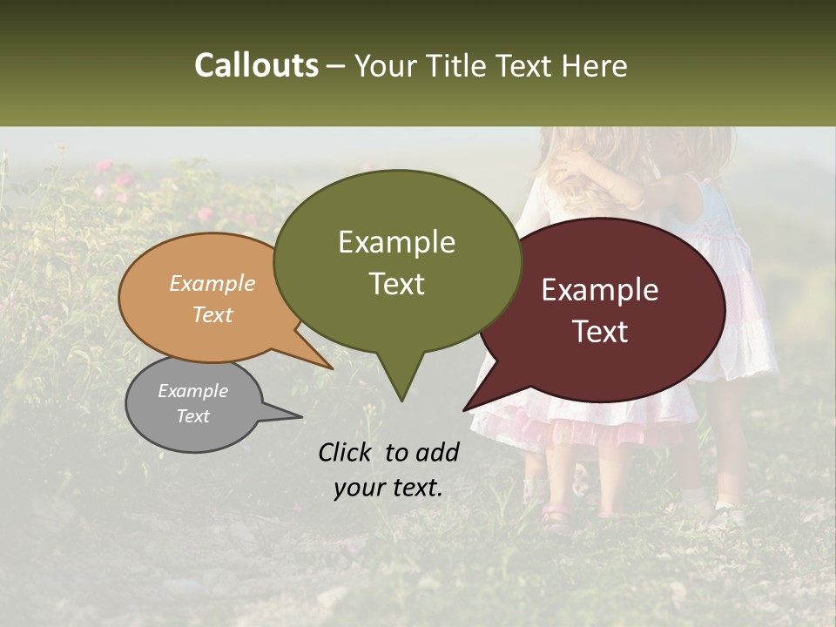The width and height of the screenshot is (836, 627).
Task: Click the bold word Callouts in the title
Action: tap(256, 65)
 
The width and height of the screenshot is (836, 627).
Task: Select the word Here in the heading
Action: tap(595, 65)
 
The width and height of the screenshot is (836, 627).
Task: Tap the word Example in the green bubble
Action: tap(396, 242)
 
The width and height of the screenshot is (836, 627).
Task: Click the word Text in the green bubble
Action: tap(397, 284)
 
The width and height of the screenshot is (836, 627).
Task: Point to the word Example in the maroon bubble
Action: tap(600, 290)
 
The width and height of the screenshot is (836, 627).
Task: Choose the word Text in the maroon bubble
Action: tap(601, 332)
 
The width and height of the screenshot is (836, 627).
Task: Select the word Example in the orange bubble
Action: tap(212, 283)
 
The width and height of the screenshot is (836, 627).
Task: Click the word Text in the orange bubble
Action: tap(212, 314)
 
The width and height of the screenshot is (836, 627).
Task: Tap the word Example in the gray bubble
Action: tap(192, 391)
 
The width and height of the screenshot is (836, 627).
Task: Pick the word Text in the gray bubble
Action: tap(192, 416)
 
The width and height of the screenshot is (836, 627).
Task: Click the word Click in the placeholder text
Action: tap(347, 452)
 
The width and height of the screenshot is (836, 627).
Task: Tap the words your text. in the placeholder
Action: tap(388, 488)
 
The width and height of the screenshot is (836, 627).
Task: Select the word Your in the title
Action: tap(388, 65)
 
